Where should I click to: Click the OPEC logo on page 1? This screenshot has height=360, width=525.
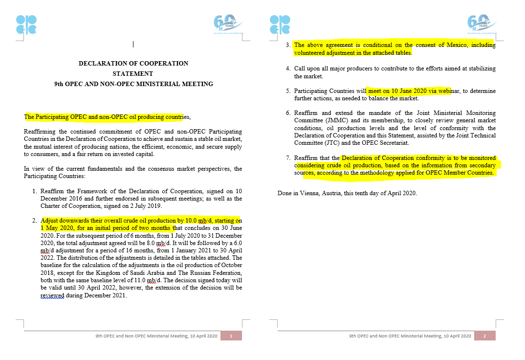coord(26,24)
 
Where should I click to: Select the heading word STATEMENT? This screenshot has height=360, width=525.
coord(133,74)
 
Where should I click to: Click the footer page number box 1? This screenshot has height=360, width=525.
coord(231,336)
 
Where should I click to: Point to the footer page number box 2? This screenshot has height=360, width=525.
coord(485,336)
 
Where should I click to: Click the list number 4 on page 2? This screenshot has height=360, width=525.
coord(288,68)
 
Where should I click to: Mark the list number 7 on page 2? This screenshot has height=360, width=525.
coord(288,158)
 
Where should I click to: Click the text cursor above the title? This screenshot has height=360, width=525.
coord(133,45)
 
